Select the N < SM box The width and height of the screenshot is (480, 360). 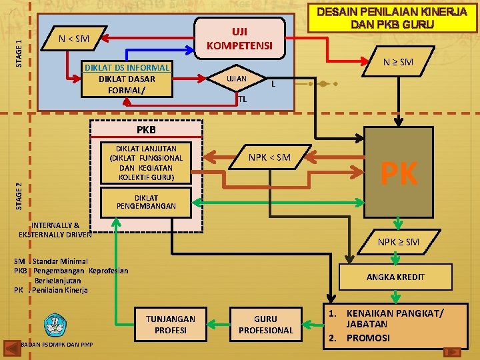pos(74,38)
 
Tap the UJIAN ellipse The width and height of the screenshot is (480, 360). pos(237,79)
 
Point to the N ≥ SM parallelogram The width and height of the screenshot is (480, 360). pos(398,62)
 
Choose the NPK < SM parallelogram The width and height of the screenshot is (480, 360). pos(269,157)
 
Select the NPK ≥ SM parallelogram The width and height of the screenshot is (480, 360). pos(399,241)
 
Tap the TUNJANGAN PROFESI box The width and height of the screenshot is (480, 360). pos(171,324)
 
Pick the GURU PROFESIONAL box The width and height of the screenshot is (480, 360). pos(265,324)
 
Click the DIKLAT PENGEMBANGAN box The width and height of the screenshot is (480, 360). pos(146,202)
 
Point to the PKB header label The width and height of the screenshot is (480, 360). pos(146,129)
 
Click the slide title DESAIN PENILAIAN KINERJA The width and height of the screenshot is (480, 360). pos(392,18)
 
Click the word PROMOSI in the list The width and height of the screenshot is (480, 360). pos(368,338)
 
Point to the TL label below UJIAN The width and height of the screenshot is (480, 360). pos(242,99)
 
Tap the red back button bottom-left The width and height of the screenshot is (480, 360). pos(12,347)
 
